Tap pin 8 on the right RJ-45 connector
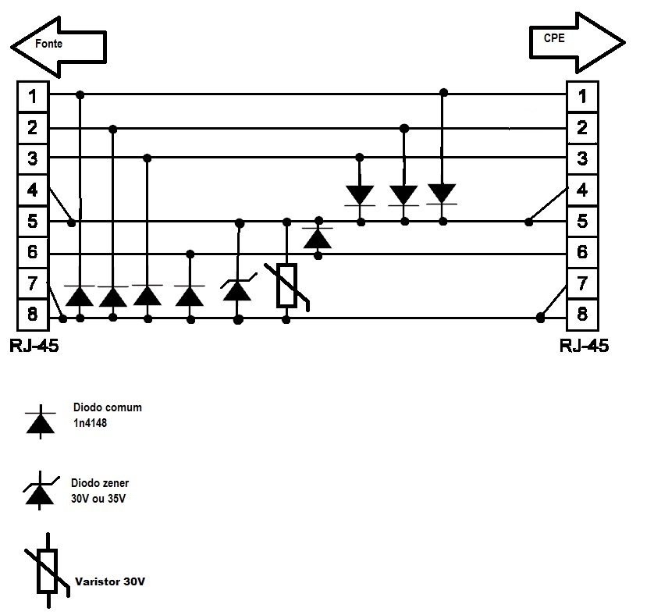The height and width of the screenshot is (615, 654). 582,316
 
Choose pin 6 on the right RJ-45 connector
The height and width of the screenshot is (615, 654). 582,253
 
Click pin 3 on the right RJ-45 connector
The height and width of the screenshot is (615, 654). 582,159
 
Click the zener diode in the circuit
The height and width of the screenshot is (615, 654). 237,290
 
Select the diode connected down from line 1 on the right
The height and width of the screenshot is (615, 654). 443,193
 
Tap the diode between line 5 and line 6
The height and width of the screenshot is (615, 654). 318,237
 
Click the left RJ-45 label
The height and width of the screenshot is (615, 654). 34,346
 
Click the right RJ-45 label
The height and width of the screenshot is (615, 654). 584,346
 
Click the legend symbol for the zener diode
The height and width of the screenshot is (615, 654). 39,493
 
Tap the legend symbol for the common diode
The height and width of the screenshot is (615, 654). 41,421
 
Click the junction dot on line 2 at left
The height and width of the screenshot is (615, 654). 112,128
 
